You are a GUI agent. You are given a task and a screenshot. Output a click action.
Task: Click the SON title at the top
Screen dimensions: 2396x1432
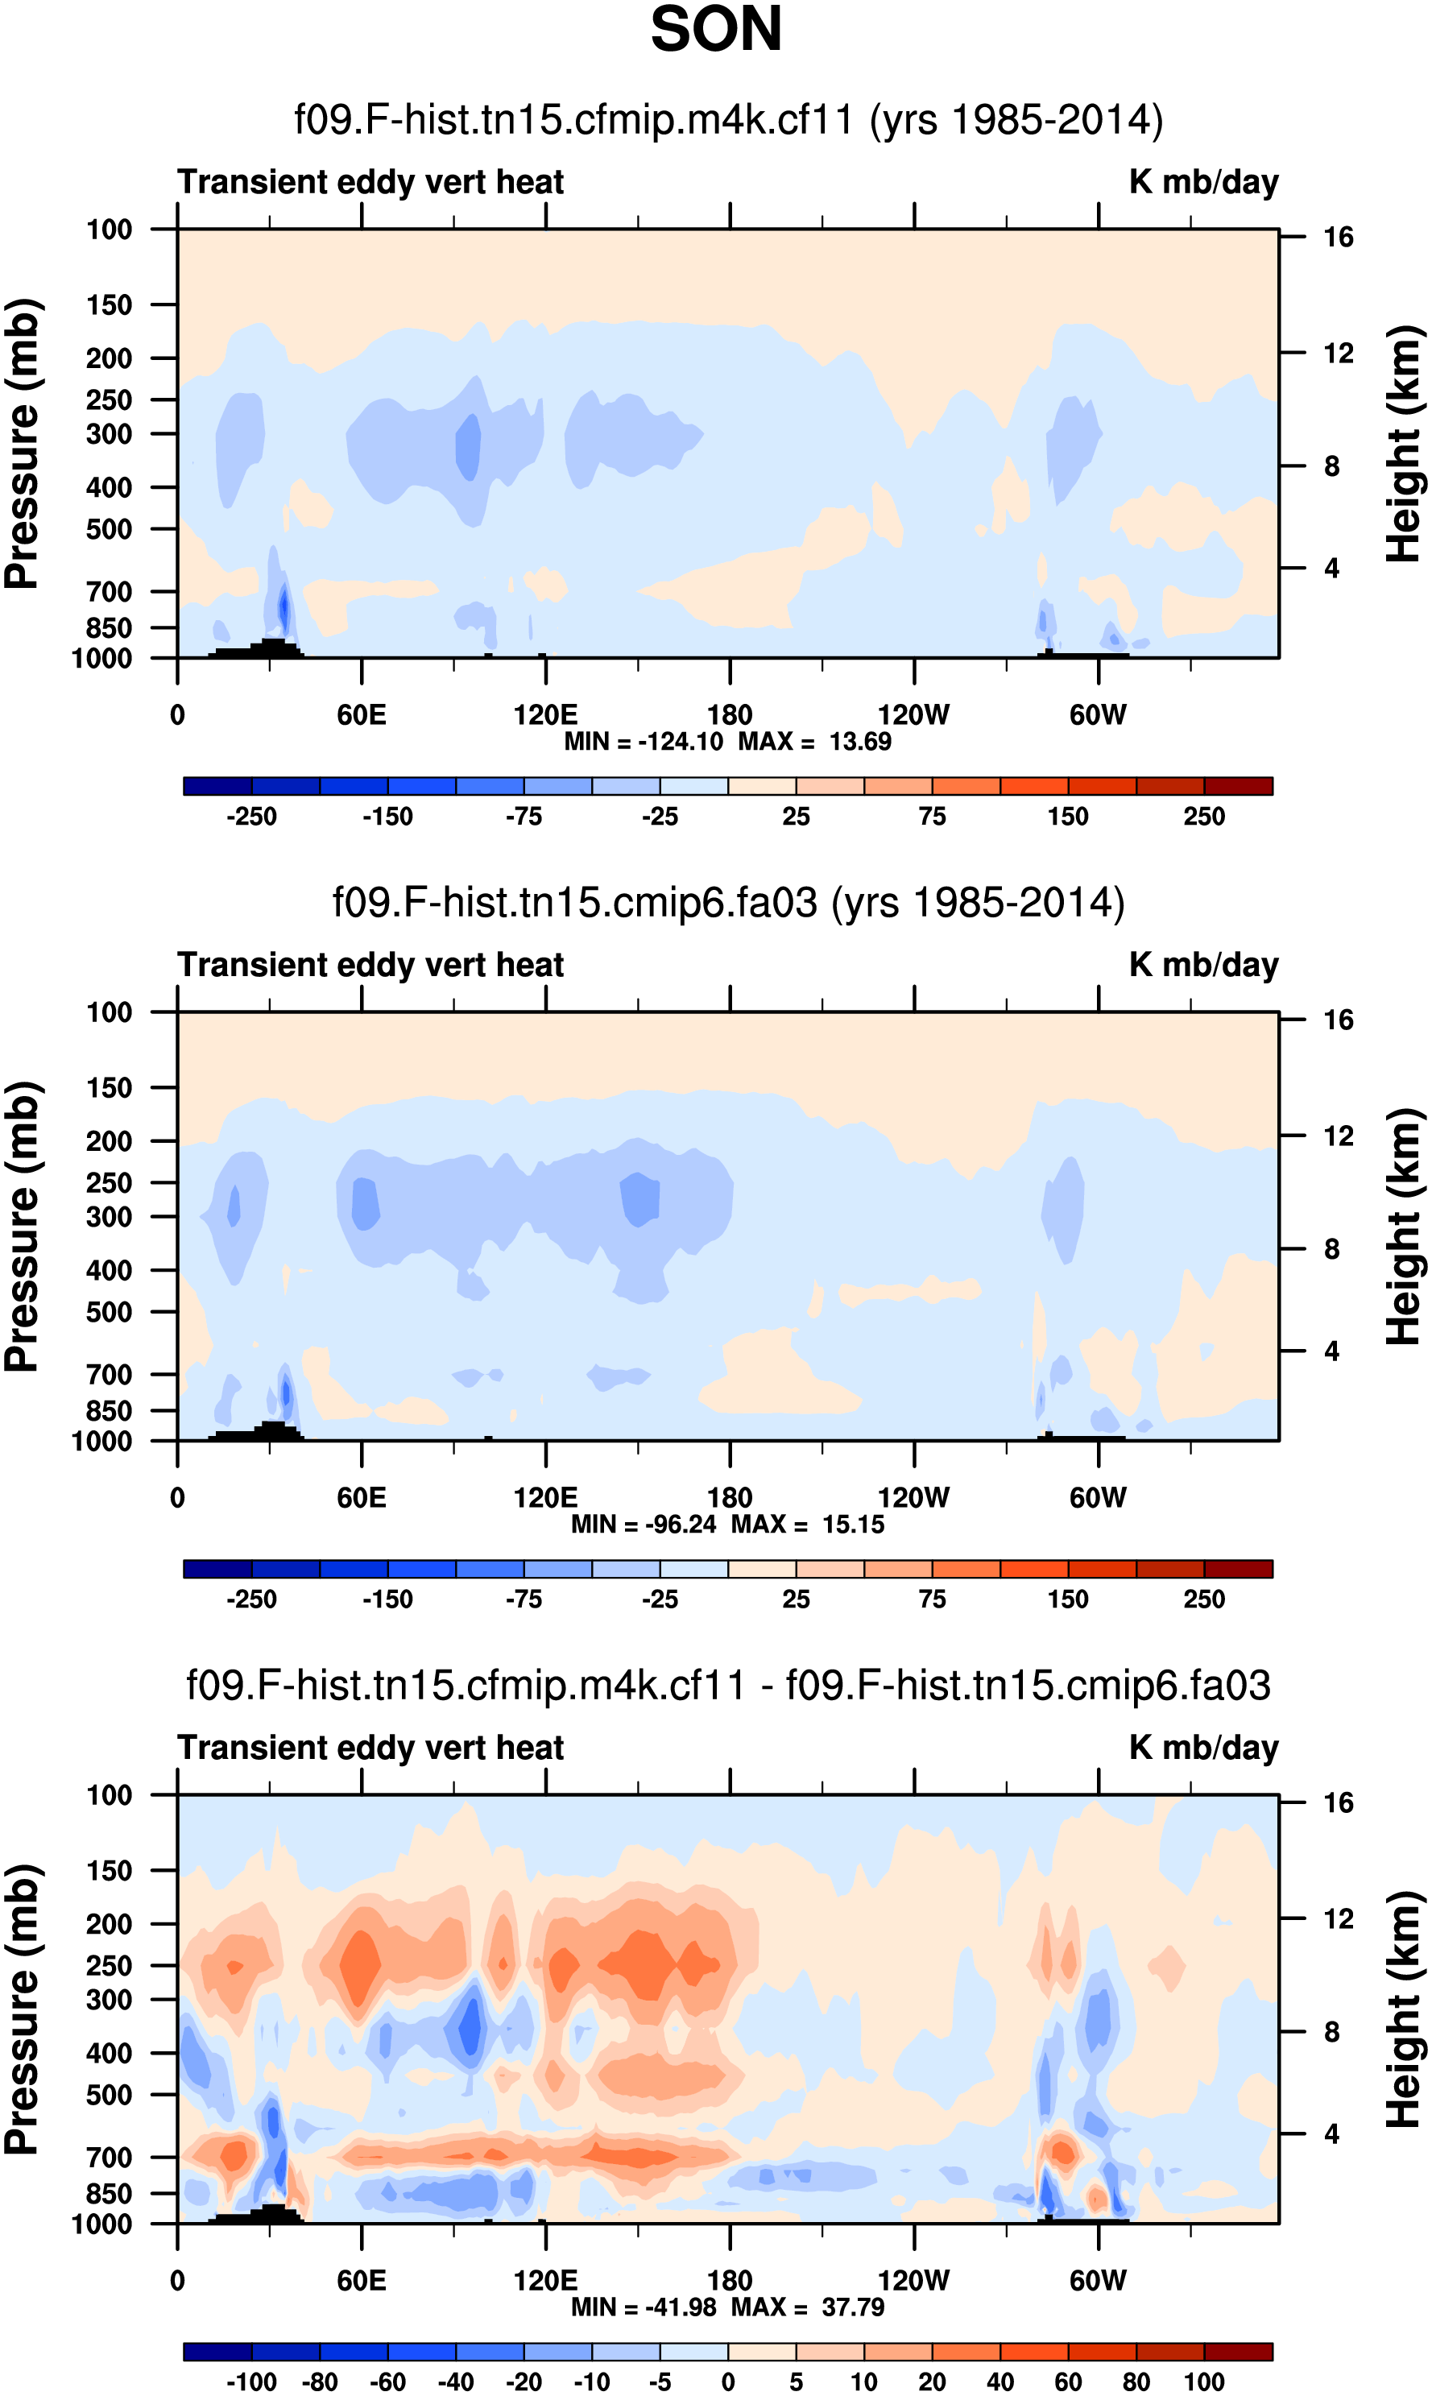point(715,30)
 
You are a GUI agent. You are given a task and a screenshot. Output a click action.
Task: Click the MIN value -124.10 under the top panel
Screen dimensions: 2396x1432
point(681,742)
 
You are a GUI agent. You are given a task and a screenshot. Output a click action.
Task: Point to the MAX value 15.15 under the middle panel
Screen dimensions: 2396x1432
point(853,1525)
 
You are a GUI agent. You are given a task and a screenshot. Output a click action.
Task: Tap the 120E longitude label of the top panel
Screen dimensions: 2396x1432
point(545,715)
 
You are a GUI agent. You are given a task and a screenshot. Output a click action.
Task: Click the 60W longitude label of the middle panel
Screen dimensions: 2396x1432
point(1097,1498)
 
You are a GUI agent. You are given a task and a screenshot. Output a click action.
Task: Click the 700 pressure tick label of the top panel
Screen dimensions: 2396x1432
point(109,591)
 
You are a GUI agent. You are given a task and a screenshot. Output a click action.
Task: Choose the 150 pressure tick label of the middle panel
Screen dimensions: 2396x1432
point(109,1087)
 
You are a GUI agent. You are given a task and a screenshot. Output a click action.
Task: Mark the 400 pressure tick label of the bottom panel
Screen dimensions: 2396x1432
point(109,2052)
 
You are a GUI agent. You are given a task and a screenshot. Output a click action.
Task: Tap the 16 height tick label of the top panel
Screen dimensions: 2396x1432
point(1339,238)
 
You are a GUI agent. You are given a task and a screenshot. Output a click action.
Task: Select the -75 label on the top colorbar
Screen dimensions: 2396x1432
point(524,817)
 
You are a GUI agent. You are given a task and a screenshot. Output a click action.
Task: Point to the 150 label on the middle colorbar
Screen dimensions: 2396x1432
point(1068,1600)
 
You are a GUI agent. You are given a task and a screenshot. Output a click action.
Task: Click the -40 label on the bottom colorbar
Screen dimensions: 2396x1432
point(456,2382)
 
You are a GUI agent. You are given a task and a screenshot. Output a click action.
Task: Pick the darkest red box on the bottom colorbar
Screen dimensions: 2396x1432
point(1238,2352)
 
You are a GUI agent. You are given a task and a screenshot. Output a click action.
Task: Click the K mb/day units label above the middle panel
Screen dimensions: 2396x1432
point(1203,965)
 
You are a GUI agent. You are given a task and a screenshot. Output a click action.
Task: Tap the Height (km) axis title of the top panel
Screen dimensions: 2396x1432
point(1404,444)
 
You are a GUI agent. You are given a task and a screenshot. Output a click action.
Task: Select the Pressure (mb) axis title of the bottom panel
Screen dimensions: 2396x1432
point(21,2010)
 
